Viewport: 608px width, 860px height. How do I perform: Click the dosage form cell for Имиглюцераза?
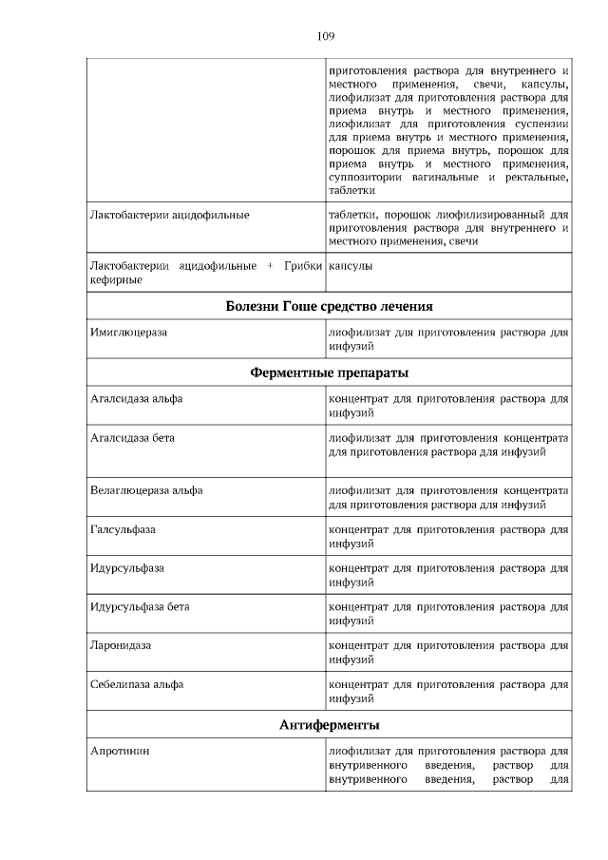pyautogui.click(x=447, y=340)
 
